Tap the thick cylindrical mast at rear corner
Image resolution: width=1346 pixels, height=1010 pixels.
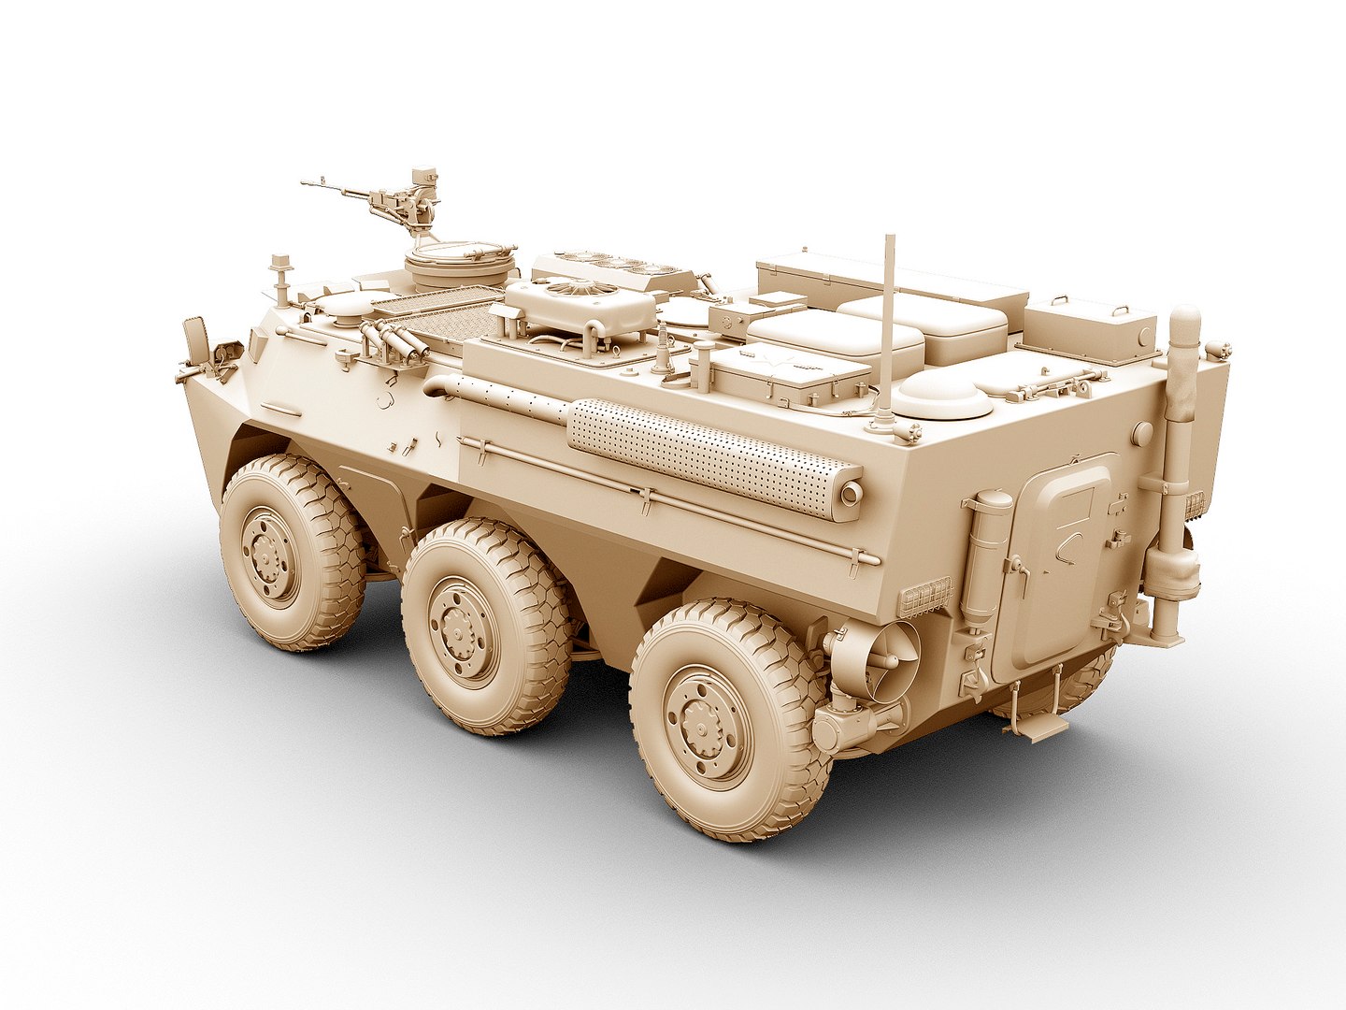1180,449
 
